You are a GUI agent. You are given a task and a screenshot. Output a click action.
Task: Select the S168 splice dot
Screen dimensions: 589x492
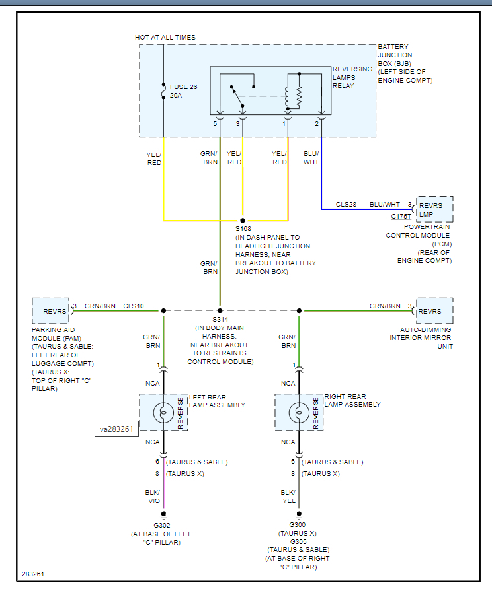[x=243, y=220]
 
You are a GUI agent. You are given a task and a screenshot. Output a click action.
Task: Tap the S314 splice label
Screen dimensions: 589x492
[x=220, y=319]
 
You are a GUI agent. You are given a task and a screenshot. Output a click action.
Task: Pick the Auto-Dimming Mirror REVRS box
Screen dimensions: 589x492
[x=434, y=311]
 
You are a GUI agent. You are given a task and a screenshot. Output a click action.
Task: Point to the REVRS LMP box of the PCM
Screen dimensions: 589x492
[x=434, y=209]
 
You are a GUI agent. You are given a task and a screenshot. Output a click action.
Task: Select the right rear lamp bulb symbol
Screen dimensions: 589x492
[x=299, y=413]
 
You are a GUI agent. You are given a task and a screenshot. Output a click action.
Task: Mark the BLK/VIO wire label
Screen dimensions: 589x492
[x=154, y=497]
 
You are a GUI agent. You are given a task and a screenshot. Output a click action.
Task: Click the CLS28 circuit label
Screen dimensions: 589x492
[x=346, y=205]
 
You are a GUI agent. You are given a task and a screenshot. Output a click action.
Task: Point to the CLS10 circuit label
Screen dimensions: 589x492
[x=133, y=306]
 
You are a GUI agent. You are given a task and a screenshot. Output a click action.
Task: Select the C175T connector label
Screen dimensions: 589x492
[x=401, y=216]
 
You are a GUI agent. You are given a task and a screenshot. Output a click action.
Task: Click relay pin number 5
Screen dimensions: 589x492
[x=215, y=123]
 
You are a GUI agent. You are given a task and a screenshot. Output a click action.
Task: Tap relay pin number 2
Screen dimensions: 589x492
[x=317, y=123]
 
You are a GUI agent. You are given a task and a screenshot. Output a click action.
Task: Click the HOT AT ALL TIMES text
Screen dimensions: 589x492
[x=165, y=38]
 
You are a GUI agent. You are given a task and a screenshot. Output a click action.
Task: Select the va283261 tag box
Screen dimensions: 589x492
[x=116, y=429]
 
